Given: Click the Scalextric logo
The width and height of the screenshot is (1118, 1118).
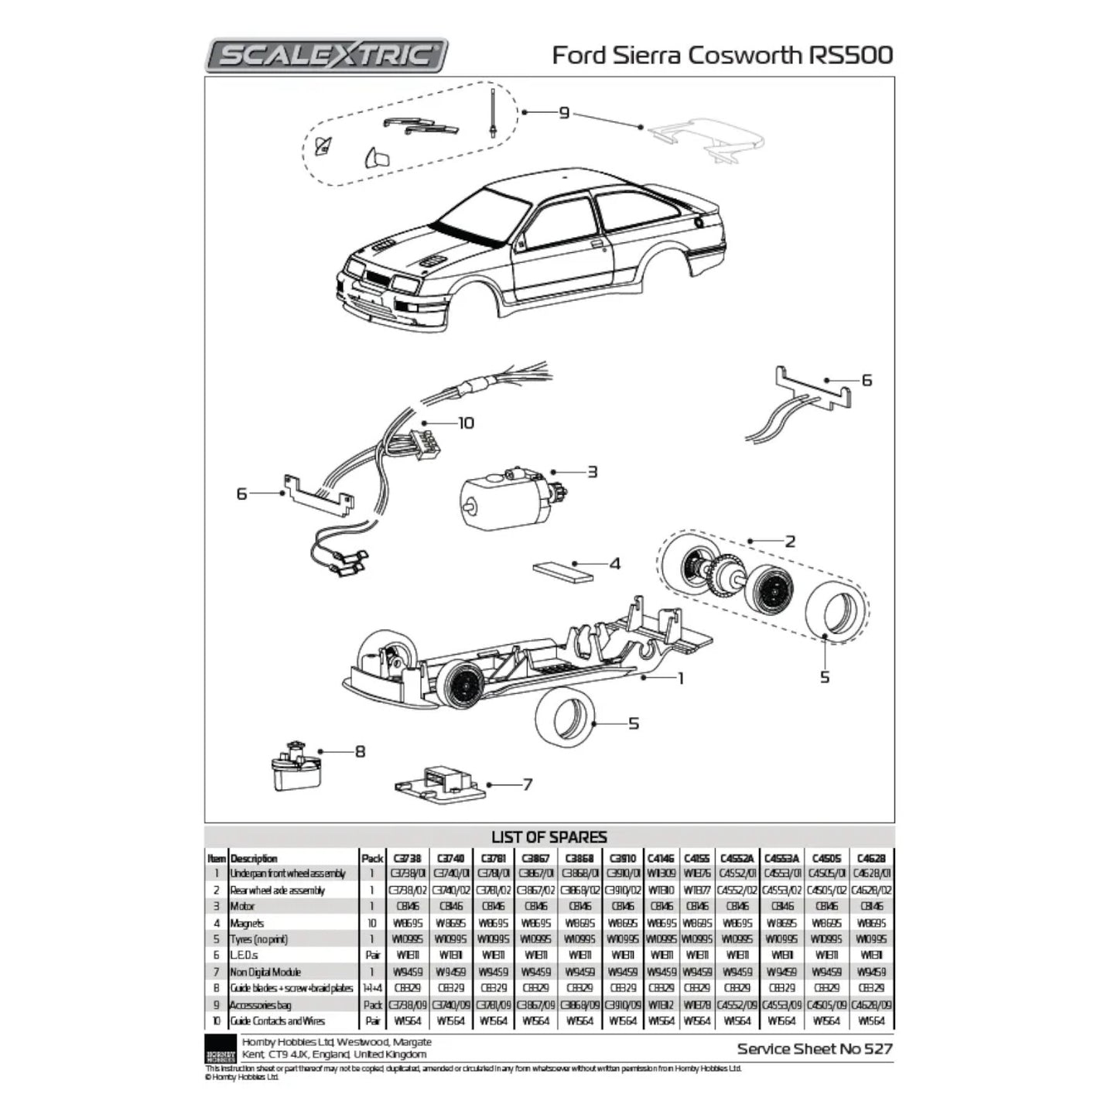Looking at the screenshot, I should (x=326, y=55).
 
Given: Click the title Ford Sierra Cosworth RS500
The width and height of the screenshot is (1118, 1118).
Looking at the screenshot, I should (x=723, y=55).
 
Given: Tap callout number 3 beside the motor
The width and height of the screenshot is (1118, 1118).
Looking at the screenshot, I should (x=592, y=471).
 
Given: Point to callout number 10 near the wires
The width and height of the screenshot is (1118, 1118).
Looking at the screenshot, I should (x=466, y=423).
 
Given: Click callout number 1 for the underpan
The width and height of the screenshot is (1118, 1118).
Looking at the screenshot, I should (x=681, y=679).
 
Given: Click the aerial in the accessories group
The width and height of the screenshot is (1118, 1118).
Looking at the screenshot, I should (x=492, y=112).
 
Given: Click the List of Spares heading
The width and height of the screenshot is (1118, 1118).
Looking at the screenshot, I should (x=549, y=837).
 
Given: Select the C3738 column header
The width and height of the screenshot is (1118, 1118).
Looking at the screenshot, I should (x=407, y=858).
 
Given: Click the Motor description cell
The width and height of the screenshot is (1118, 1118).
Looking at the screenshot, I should (x=242, y=906).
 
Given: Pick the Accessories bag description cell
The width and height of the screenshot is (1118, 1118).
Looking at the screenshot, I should (x=260, y=1004).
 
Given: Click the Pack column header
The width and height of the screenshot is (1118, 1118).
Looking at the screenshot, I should (x=372, y=858).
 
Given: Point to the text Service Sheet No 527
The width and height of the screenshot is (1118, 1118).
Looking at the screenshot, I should (x=815, y=1049).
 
